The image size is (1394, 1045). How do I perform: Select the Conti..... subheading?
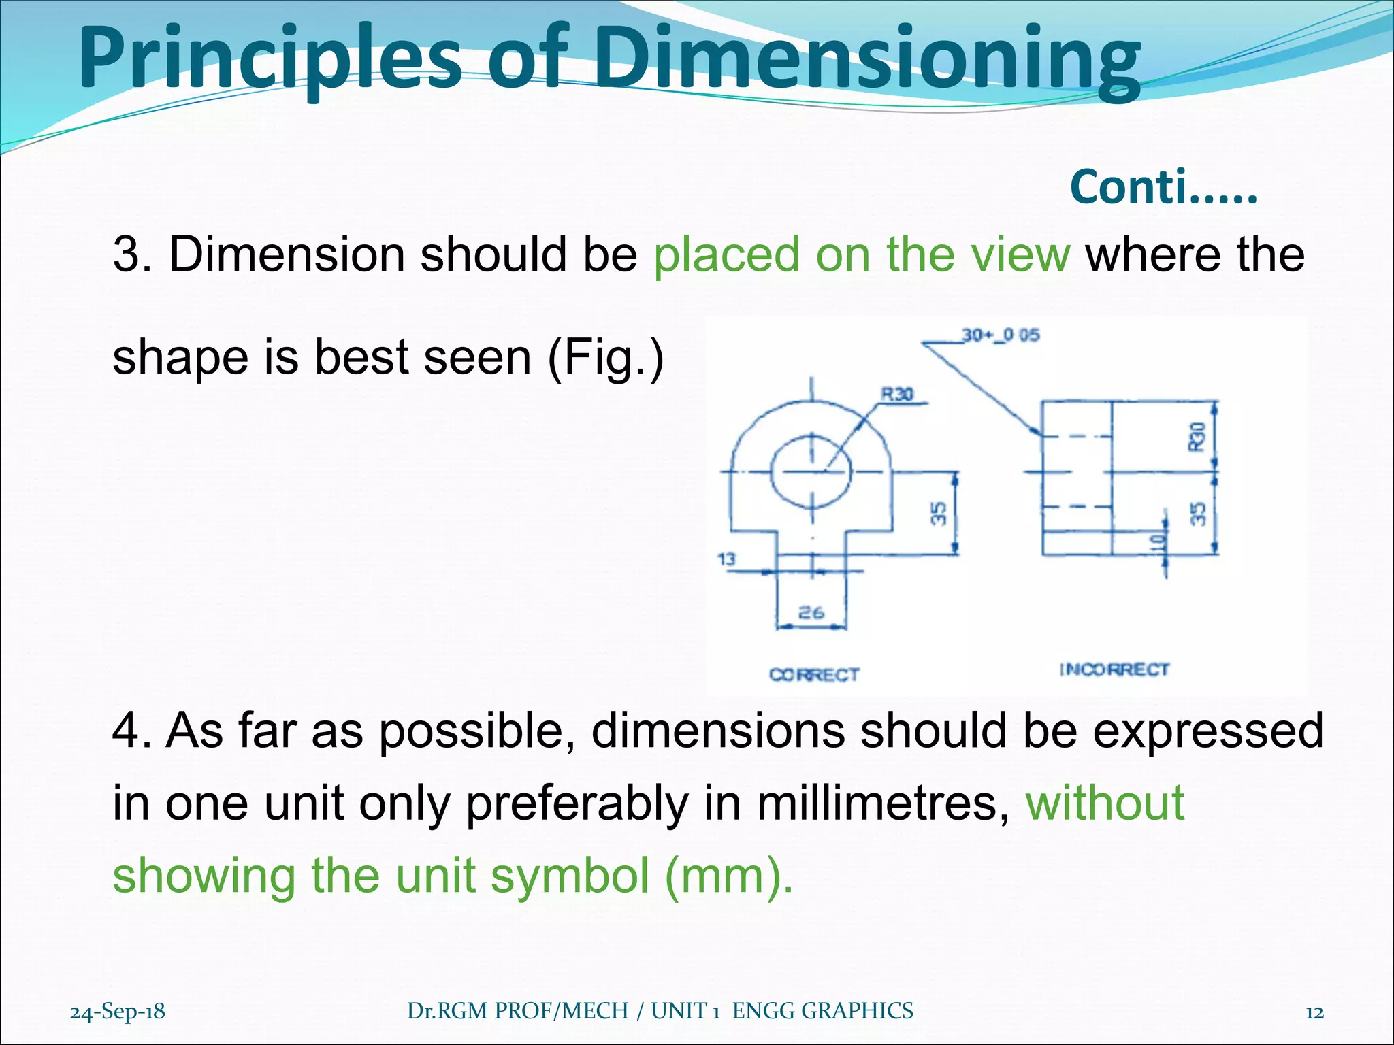[x=1163, y=187]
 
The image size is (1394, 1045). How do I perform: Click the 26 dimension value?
[x=811, y=612]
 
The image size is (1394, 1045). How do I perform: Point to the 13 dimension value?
[x=727, y=559]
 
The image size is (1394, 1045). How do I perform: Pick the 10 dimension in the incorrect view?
[x=1158, y=542]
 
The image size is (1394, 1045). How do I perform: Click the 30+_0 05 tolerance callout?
[x=1001, y=335]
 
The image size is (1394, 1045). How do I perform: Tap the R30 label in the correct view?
[x=898, y=394]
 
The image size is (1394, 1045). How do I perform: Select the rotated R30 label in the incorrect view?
[x=1197, y=436]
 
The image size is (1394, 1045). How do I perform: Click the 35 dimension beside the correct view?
[x=939, y=513]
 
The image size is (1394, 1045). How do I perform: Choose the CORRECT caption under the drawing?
[x=814, y=674]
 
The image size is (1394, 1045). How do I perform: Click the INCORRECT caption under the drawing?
[x=1114, y=669]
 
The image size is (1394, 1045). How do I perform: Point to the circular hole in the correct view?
[x=811, y=471]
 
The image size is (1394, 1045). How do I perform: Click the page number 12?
[x=1314, y=1012]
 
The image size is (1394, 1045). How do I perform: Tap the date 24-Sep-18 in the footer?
[x=118, y=1012]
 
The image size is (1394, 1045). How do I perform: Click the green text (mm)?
[x=728, y=876]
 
